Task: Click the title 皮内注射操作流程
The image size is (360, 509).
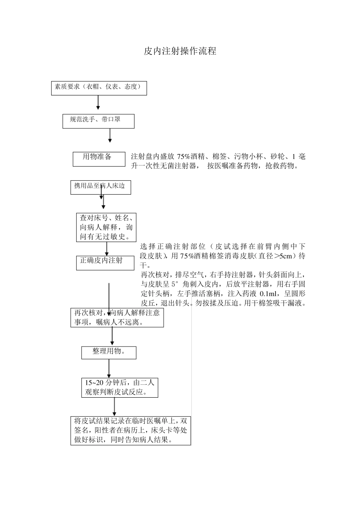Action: point(180,51)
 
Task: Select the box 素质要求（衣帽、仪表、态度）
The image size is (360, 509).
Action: point(99,88)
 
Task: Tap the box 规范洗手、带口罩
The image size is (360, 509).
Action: point(99,121)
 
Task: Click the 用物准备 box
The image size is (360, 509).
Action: point(99,159)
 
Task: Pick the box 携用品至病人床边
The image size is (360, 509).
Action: point(100,187)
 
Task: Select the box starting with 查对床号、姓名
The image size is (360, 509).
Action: point(106,227)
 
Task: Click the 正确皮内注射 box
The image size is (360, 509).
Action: point(105,262)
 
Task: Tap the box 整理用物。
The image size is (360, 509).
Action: point(109,352)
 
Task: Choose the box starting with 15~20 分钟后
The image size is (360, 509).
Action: point(119,387)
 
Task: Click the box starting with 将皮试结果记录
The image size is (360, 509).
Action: point(130,431)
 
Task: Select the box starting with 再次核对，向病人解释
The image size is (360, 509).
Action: point(117,317)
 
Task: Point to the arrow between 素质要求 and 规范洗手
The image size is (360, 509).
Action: point(98,102)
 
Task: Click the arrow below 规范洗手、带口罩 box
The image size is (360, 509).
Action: point(110,136)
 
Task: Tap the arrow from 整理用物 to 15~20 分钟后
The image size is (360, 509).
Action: point(109,368)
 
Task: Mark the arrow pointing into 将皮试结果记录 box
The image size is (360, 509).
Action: point(114,407)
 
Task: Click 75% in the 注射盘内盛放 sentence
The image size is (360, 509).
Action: point(183,157)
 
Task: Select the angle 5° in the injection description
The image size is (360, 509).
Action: point(174,284)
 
